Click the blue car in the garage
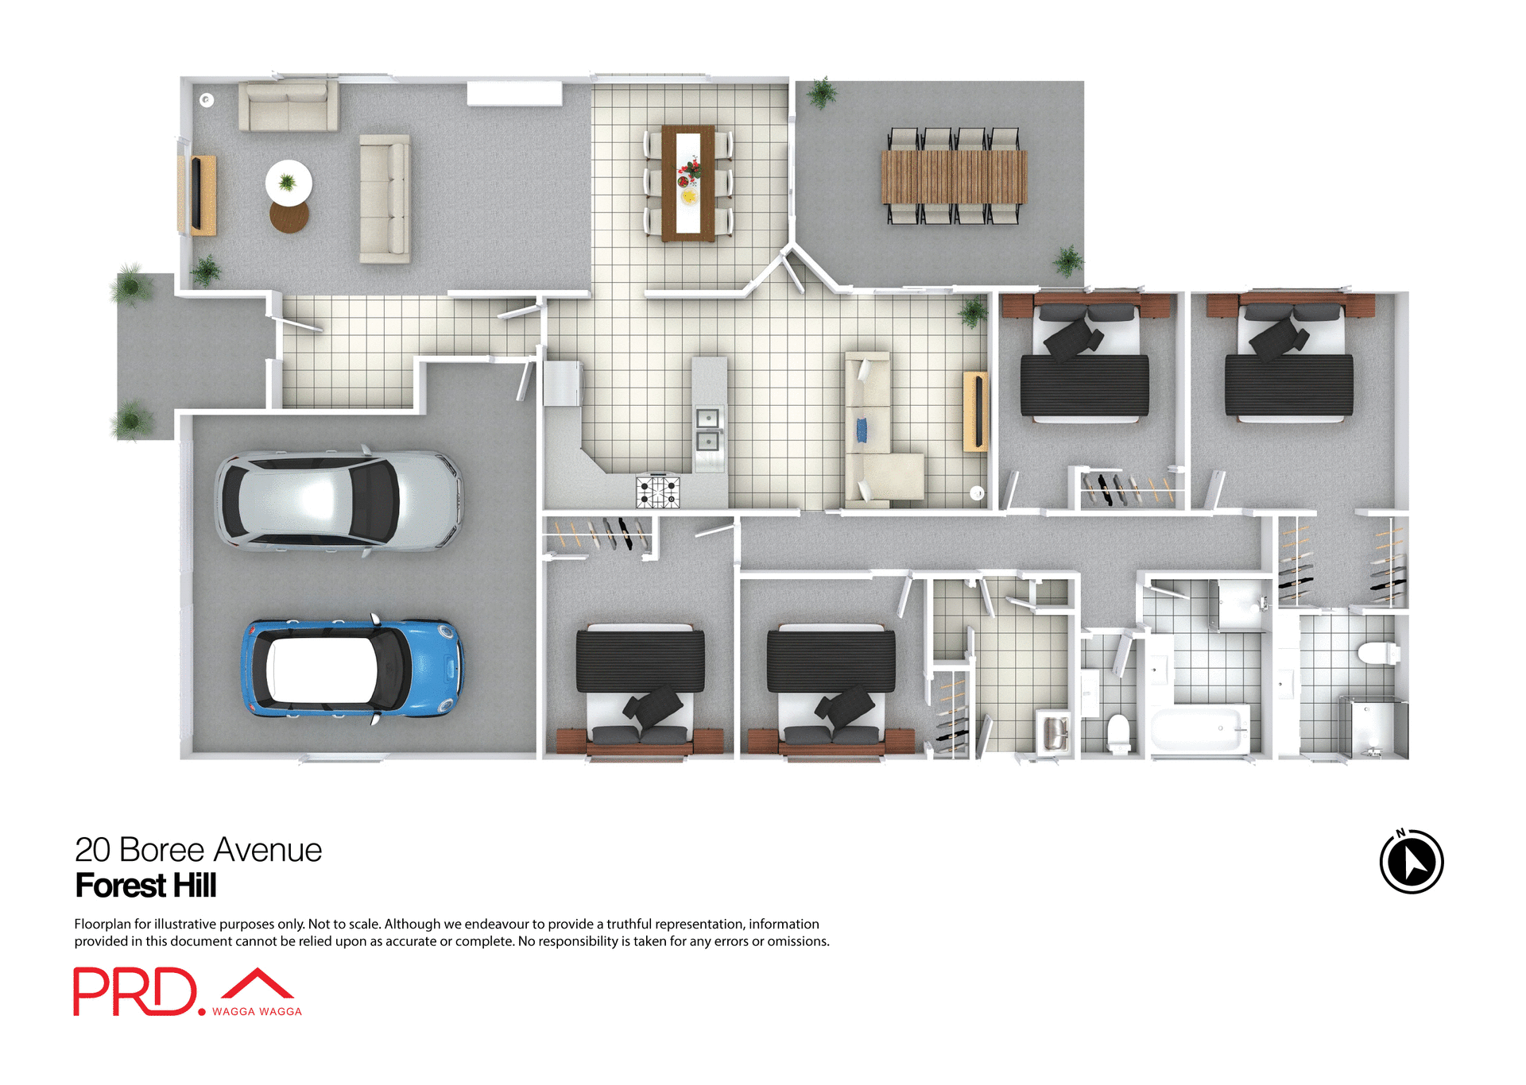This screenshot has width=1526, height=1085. (351, 669)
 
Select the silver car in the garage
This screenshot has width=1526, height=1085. (338, 500)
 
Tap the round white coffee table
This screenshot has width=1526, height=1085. (289, 182)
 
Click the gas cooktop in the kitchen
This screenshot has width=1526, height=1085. (657, 491)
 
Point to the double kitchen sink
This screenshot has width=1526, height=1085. (707, 429)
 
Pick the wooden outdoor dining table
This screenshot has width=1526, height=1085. (954, 176)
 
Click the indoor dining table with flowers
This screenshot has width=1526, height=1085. (688, 182)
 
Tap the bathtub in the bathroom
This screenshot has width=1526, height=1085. (1199, 728)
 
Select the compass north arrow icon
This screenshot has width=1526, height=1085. (1412, 862)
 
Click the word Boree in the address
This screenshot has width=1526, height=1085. (162, 850)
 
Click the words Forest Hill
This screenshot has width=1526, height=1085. (145, 886)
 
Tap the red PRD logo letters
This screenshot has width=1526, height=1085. (134, 991)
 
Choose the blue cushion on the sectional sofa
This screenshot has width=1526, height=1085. (862, 430)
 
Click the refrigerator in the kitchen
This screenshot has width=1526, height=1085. (562, 383)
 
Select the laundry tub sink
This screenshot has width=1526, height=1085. (1054, 732)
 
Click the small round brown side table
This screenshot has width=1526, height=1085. (289, 216)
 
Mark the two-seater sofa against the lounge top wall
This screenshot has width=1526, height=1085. (289, 105)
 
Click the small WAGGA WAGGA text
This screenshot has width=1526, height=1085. (257, 1011)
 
